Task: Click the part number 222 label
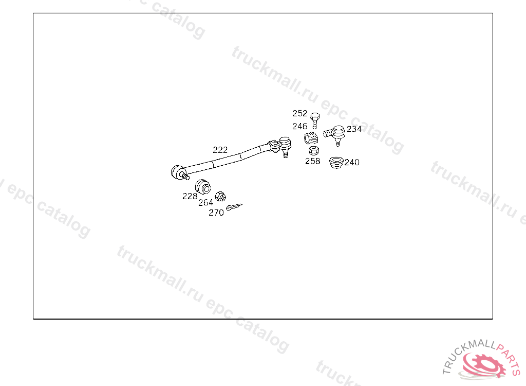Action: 220,150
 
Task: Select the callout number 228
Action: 190,196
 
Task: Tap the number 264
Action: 205,202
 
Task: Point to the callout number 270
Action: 216,213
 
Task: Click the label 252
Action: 300,113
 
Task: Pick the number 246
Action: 300,126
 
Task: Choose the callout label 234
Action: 354,129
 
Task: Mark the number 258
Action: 312,161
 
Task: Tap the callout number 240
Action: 352,163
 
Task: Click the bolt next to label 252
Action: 315,120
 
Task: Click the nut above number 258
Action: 312,150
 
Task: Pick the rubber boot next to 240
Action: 336,162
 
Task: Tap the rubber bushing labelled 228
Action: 203,185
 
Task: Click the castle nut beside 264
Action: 220,196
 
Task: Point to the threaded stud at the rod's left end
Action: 185,177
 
